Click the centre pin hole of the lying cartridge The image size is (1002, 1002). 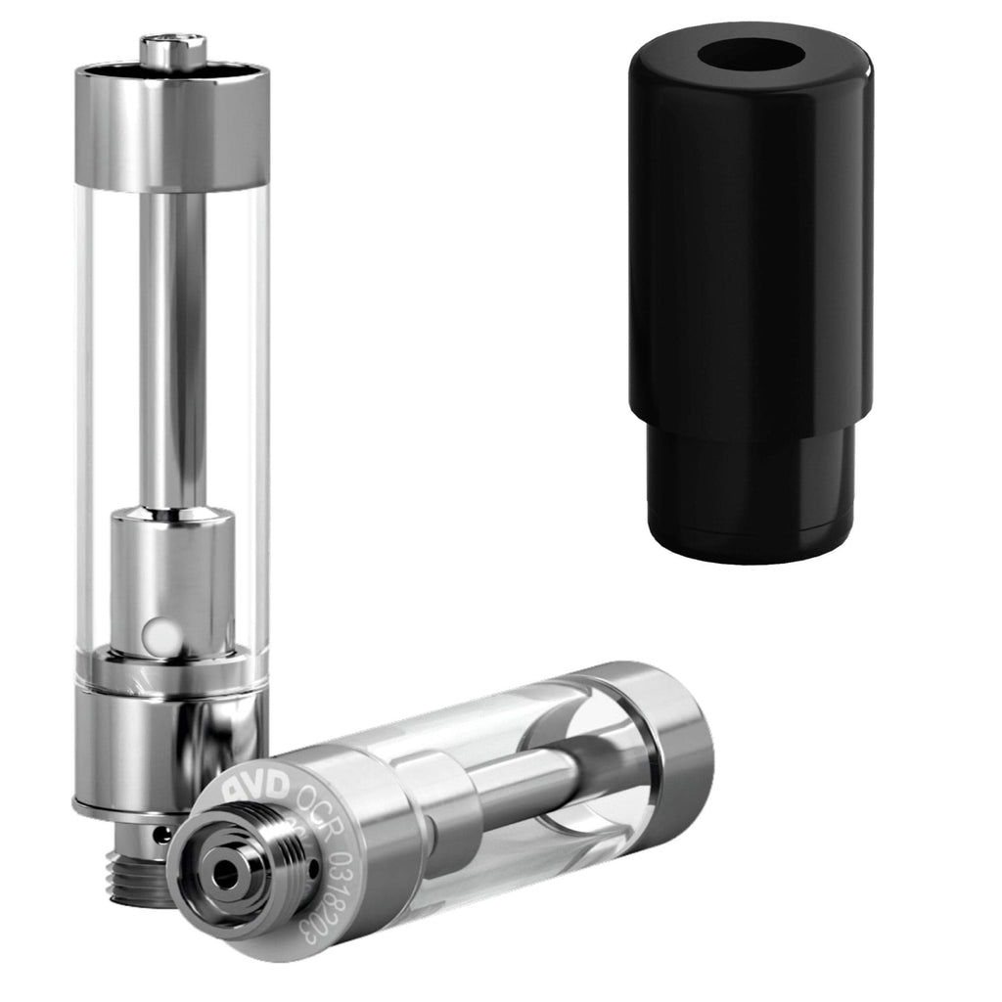click(227, 875)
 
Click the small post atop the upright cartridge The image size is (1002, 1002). click(172, 50)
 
